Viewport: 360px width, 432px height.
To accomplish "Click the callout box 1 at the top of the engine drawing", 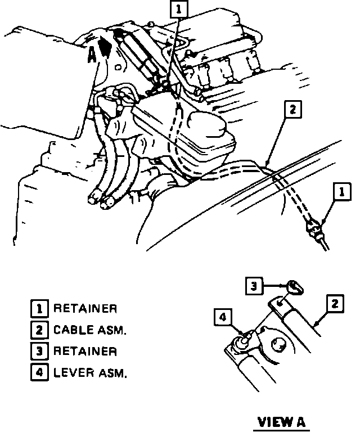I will (x=178, y=9).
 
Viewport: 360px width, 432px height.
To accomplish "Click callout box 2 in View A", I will (x=335, y=304).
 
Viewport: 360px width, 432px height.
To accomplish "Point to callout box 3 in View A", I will (x=254, y=287).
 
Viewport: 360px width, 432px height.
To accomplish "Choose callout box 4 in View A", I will (x=222, y=318).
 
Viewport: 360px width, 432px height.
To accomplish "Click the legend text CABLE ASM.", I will (x=90, y=330).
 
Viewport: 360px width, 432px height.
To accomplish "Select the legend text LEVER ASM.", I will (x=90, y=372).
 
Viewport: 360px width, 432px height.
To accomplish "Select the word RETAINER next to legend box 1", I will (x=85, y=309).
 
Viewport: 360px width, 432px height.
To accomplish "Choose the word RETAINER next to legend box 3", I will (x=85, y=351).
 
